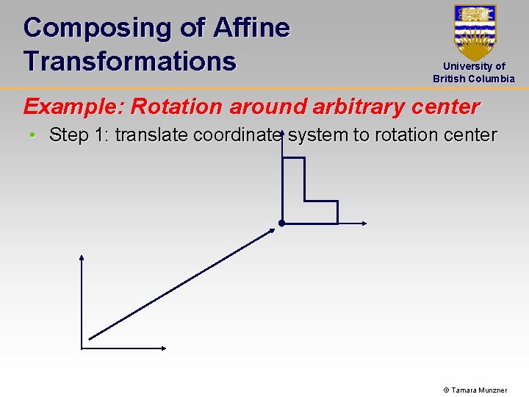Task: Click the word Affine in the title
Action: click(251, 28)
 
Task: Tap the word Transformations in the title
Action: click(129, 61)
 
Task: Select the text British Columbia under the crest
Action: click(474, 79)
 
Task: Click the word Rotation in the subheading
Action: click(177, 107)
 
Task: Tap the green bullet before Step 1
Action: click(33, 136)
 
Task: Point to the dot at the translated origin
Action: click(281, 223)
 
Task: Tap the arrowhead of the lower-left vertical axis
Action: click(82, 258)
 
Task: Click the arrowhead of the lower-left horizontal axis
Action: click(165, 348)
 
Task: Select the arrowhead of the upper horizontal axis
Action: click(363, 223)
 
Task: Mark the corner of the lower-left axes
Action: click(82, 348)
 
